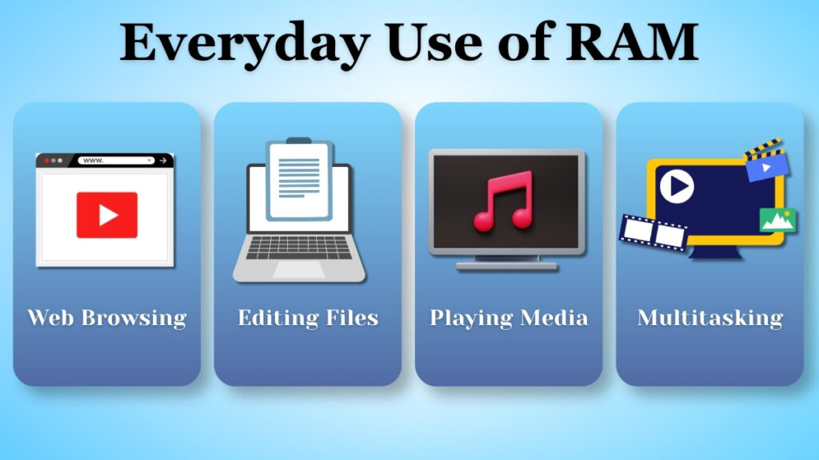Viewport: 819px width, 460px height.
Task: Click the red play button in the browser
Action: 106,215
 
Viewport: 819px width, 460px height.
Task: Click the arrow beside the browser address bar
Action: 163,161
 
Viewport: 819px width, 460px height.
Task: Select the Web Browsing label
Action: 106,318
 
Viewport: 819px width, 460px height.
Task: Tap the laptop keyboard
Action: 298,247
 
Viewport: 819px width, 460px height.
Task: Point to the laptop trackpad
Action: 298,270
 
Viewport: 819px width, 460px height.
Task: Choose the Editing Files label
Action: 308,318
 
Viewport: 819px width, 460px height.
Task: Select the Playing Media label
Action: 509,318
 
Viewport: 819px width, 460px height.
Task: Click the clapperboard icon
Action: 765,161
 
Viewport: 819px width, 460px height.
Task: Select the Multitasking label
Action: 709,318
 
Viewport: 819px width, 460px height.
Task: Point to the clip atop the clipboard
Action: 298,141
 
